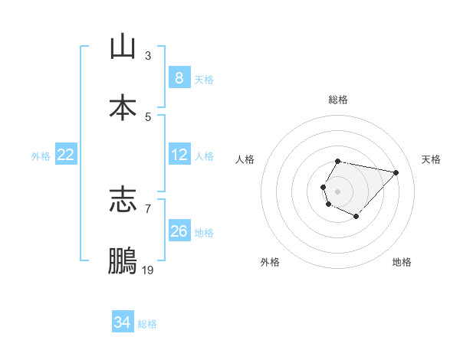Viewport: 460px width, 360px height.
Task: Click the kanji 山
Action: click(123, 47)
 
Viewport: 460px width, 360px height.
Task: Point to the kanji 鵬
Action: click(123, 261)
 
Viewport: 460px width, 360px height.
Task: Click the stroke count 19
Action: click(148, 270)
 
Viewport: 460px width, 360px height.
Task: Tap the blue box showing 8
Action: click(179, 78)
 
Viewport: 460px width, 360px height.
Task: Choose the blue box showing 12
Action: click(179, 155)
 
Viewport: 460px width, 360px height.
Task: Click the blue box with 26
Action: click(179, 231)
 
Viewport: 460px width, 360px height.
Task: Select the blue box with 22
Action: click(66, 155)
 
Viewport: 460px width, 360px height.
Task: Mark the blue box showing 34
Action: click(122, 323)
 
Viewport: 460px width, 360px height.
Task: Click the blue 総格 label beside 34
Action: click(147, 324)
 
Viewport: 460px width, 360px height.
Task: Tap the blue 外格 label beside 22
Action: click(41, 155)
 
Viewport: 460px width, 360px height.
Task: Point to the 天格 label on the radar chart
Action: click(431, 159)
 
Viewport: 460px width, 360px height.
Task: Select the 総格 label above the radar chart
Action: click(337, 100)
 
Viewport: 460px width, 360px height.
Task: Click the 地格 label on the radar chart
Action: click(402, 262)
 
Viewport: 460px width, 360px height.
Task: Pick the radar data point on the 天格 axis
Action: click(396, 172)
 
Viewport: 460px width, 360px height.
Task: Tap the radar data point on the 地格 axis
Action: click(356, 217)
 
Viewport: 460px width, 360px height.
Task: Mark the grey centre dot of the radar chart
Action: click(337, 190)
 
